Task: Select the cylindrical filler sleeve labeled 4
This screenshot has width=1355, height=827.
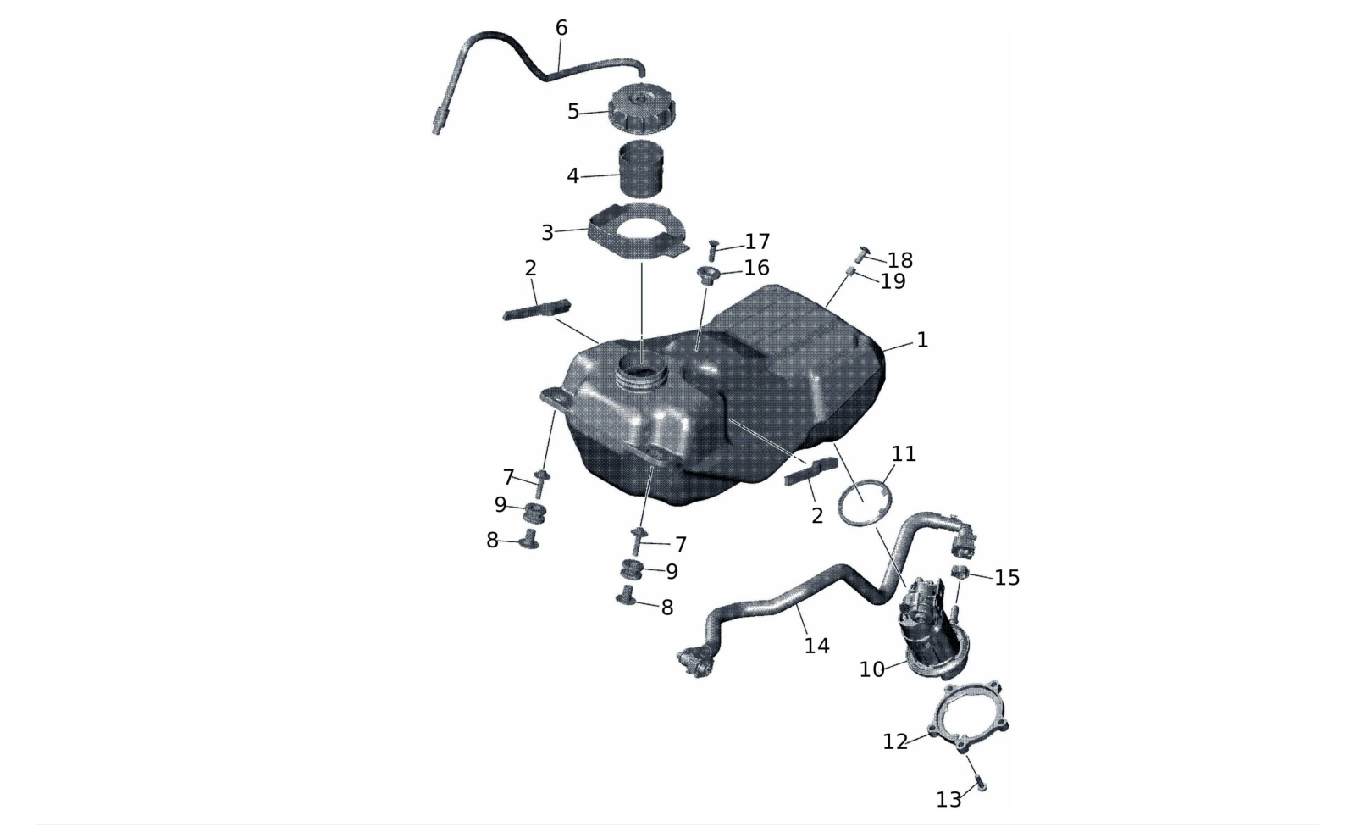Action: pyautogui.click(x=641, y=169)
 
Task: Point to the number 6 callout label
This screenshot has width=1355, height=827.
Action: pyautogui.click(x=561, y=28)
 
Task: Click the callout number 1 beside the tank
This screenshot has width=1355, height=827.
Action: pyautogui.click(x=922, y=340)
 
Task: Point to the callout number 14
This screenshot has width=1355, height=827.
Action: pyautogui.click(x=816, y=646)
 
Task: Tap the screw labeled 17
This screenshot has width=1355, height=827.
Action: pyautogui.click(x=712, y=249)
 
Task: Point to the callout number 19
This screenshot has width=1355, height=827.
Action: pyautogui.click(x=893, y=281)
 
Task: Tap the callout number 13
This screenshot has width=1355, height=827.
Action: pyautogui.click(x=948, y=800)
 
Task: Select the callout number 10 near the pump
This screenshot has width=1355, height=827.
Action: pyautogui.click(x=871, y=669)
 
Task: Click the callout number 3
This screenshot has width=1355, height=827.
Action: pyautogui.click(x=547, y=232)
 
